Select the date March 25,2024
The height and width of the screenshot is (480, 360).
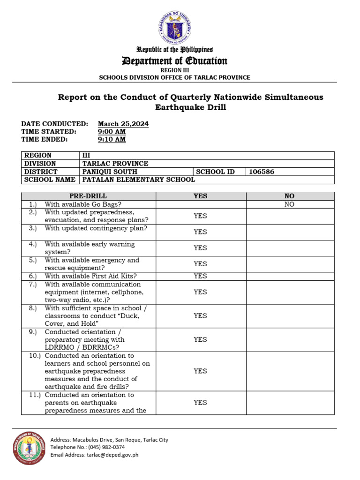pyautogui.click(x=123, y=124)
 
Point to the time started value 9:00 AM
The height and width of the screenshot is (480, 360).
pyautogui.click(x=112, y=132)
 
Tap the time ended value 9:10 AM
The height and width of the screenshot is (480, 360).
pyautogui.click(x=112, y=139)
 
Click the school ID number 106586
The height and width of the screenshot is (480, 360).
pyautogui.click(x=262, y=172)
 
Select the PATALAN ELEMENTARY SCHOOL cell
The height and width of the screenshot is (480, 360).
pyautogui.click(x=139, y=180)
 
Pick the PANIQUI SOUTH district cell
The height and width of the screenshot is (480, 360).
pyautogui.click(x=110, y=172)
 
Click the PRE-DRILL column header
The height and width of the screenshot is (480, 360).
pyautogui.click(x=88, y=196)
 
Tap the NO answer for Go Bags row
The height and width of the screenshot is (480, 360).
pyautogui.click(x=289, y=204)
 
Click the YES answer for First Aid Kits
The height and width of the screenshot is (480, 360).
pyautogui.click(x=200, y=276)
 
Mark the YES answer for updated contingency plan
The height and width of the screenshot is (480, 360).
pyautogui.click(x=200, y=232)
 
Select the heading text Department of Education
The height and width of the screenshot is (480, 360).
pyautogui.click(x=174, y=61)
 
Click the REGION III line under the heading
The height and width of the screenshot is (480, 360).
pyautogui.click(x=174, y=70)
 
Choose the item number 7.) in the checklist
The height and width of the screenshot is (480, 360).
pyautogui.click(x=32, y=285)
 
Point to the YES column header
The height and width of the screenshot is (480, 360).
pyautogui.click(x=200, y=196)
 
